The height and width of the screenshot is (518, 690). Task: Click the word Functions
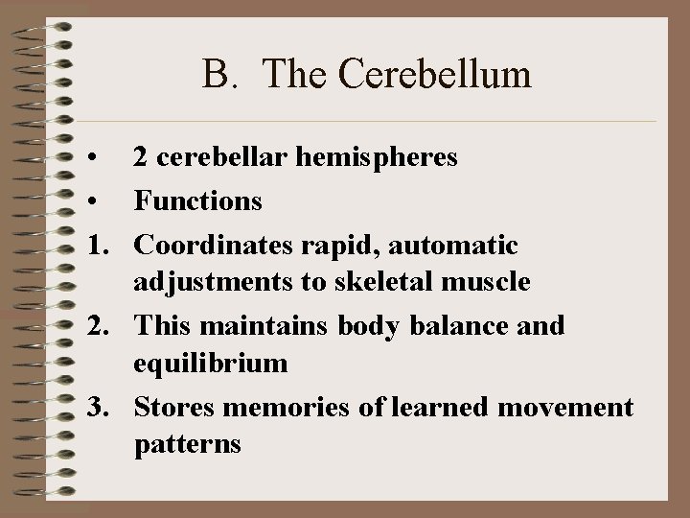pyautogui.click(x=197, y=200)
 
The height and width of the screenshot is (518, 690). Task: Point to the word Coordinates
pyautogui.click(x=211, y=246)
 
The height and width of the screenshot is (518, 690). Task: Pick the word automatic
pyautogui.click(x=455, y=246)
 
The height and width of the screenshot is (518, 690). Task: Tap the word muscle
pyautogui.click(x=490, y=284)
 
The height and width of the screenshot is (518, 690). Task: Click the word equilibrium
pyautogui.click(x=210, y=364)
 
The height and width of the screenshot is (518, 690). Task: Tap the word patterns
pyautogui.click(x=188, y=446)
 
